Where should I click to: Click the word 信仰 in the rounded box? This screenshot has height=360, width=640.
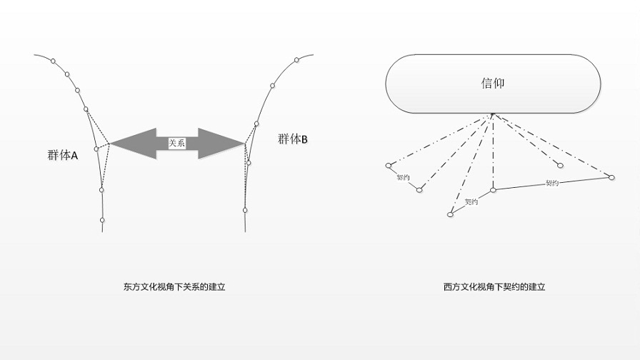(493, 84)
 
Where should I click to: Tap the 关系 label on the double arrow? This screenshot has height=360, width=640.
(176, 143)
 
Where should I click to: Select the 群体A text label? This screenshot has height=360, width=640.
(62, 154)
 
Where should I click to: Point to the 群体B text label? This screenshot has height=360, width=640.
(293, 139)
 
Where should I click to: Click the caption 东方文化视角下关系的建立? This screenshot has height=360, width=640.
(174, 288)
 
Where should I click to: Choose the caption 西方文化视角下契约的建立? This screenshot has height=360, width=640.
(494, 288)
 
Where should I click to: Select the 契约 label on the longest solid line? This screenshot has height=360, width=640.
(551, 183)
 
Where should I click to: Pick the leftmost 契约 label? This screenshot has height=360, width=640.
(403, 178)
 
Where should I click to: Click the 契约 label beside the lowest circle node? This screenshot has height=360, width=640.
(471, 202)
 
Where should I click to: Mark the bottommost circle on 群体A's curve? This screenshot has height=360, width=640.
(102, 220)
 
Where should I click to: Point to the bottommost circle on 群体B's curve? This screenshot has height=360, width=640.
(245, 210)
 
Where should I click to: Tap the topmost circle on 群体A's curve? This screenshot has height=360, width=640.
(66, 74)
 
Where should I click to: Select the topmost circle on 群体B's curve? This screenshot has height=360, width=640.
(272, 86)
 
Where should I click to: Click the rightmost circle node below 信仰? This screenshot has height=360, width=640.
(611, 176)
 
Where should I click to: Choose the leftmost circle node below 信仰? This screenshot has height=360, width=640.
(389, 166)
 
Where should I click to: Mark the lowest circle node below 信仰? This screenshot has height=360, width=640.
(450, 214)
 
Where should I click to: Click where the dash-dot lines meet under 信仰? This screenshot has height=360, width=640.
(492, 114)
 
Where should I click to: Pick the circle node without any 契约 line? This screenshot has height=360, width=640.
(560, 166)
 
